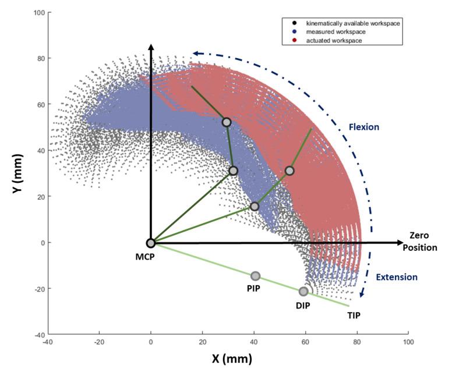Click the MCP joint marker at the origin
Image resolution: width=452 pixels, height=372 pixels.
pos(150,243)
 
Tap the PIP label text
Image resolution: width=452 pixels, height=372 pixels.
pos(253,289)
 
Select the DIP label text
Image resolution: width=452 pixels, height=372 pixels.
pos(302,305)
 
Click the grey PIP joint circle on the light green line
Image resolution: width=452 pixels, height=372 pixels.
pos(255,276)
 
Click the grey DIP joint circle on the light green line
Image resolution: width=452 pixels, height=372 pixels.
pos(303,292)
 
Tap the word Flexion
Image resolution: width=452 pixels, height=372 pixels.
pos(363,126)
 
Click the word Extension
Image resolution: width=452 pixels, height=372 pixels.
pos(397,277)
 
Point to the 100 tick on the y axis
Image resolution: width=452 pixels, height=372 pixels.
pos(38,12)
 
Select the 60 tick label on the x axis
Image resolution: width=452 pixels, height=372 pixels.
pos(305,342)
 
